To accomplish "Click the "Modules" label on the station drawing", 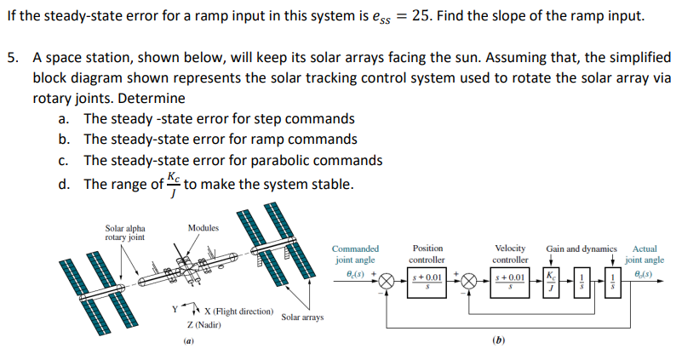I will (203, 228).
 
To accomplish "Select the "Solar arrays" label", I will (302, 317).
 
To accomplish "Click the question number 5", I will (12, 58).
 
